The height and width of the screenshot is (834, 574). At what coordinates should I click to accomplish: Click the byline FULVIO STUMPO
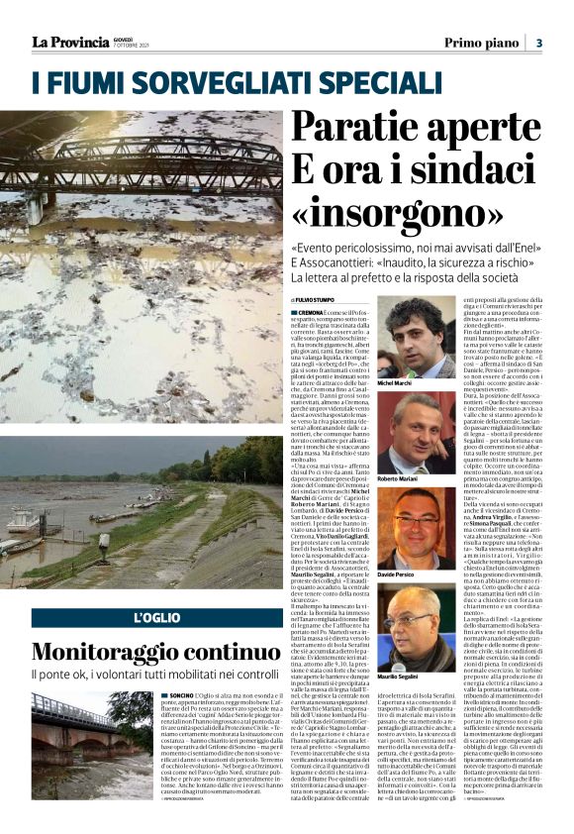coord(319,299)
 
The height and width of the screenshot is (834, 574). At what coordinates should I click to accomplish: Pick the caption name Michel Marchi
coord(396,382)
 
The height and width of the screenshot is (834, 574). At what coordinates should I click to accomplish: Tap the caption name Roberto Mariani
coord(399,477)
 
